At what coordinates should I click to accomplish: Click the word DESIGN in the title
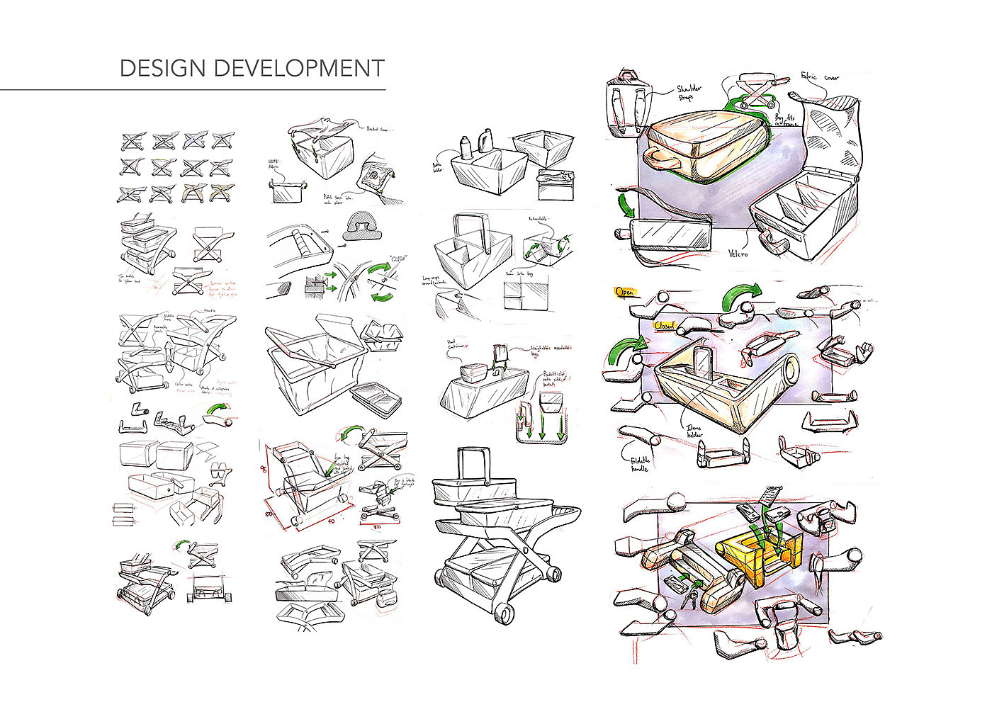tap(163, 69)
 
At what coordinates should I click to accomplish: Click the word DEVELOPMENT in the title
tap(298, 69)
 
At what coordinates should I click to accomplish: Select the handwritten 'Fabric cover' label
tap(820, 76)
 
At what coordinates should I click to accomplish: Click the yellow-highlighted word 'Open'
tap(625, 292)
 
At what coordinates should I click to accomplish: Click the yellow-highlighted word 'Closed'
tap(665, 325)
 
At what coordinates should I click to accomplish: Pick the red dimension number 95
tap(264, 471)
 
